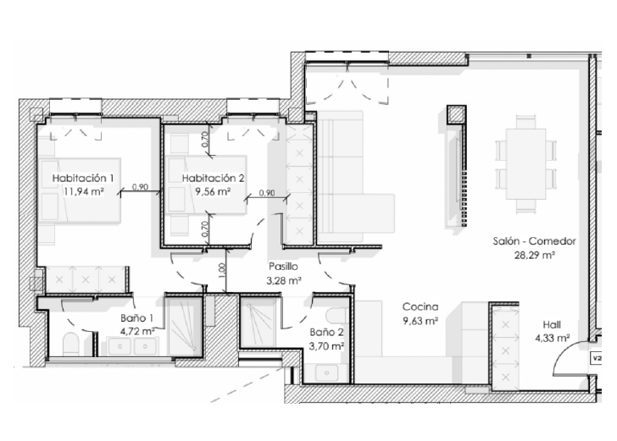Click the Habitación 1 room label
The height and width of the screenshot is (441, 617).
(x=83, y=178)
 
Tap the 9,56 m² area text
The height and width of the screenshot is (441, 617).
(x=213, y=192)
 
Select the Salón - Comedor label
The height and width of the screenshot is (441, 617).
(x=534, y=241)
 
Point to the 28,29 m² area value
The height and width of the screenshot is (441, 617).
(x=534, y=255)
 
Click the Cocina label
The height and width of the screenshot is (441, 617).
(x=420, y=306)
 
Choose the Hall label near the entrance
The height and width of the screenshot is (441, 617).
(x=552, y=325)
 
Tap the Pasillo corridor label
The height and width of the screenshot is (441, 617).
(x=283, y=267)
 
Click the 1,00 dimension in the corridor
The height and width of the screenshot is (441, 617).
(x=221, y=269)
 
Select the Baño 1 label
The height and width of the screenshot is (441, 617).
(x=137, y=318)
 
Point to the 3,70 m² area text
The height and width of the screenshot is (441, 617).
(x=327, y=346)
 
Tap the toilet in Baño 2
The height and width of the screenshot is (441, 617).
(x=336, y=316)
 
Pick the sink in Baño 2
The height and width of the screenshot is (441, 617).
(x=326, y=372)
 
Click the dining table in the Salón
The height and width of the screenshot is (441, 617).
(x=525, y=164)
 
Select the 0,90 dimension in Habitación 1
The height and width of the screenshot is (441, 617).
(x=140, y=187)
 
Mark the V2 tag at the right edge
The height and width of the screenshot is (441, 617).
(x=598, y=358)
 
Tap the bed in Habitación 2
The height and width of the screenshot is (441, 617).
(x=206, y=185)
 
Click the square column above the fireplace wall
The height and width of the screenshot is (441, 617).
(x=457, y=114)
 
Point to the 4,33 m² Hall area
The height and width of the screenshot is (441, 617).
(x=553, y=338)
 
